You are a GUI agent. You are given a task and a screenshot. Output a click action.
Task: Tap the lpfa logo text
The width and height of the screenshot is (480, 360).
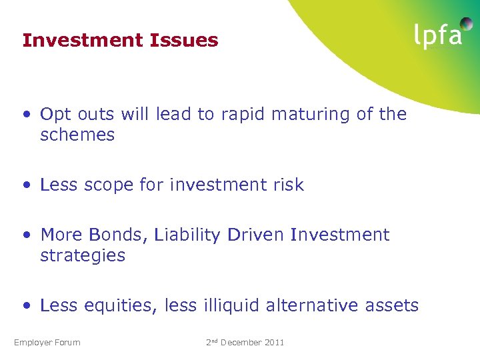coord(437,35)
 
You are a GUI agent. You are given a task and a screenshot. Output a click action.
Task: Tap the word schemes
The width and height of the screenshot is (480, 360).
coord(77,135)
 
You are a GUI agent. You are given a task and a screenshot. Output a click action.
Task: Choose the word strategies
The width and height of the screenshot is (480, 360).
coord(83,255)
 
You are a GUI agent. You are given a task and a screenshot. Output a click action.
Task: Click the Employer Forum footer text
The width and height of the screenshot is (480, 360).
coord(47,343)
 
